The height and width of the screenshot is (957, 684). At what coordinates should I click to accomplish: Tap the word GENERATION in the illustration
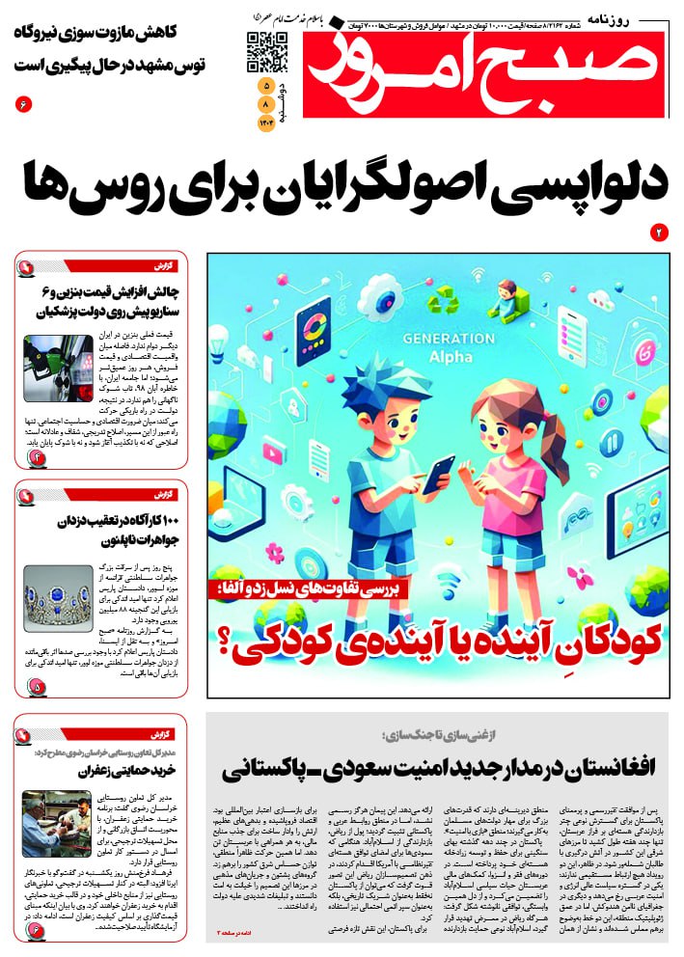coord(447,340)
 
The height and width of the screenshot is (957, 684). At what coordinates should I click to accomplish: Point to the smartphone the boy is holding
coord(437,475)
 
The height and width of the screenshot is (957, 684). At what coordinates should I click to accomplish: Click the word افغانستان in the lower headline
coord(604,768)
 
